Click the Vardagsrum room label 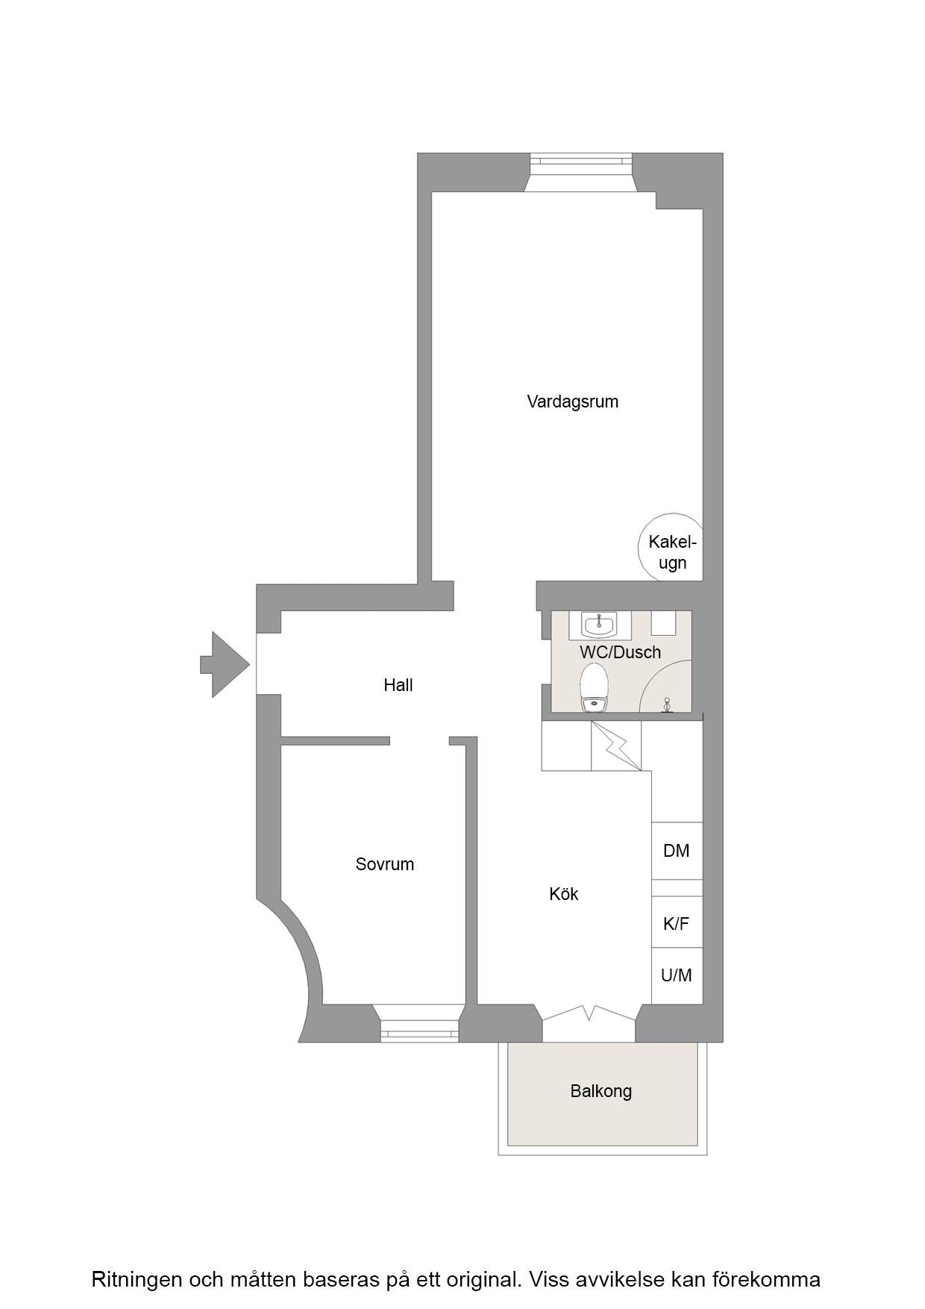point(572,402)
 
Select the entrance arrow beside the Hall point(224,664)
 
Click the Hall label point(398,685)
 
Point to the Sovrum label point(384,864)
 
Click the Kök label point(563,894)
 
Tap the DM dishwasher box point(677,851)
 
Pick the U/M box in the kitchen point(677,975)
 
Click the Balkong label point(601,1091)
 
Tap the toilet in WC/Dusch point(595,689)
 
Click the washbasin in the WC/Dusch point(600,625)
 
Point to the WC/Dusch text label point(620,652)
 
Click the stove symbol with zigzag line point(616,746)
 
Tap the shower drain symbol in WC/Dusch point(668,704)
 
